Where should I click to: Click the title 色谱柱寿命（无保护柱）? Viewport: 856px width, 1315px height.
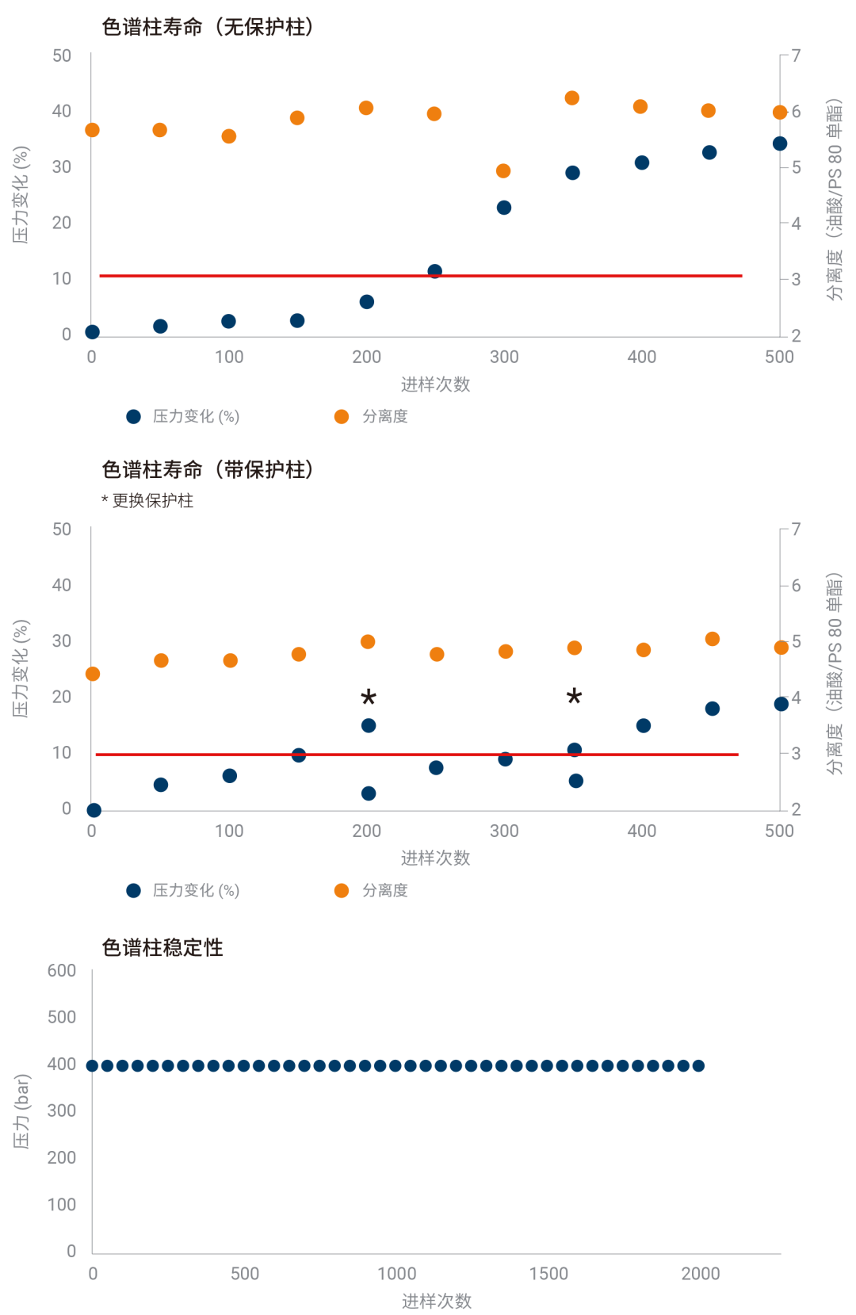click(208, 27)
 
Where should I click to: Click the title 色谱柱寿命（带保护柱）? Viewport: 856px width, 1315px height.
click(208, 469)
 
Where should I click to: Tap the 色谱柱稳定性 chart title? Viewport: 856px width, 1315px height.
click(162, 947)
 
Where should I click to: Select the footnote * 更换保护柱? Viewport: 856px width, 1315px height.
click(147, 500)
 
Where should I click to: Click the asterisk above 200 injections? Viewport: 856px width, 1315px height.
click(369, 698)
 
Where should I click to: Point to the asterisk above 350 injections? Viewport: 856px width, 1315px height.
click(575, 698)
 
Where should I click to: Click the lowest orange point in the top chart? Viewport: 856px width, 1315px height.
click(503, 171)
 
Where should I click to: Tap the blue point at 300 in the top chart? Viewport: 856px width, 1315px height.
click(504, 208)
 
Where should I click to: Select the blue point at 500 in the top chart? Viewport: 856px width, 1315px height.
click(780, 143)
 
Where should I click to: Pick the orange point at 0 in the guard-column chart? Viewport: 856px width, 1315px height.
click(93, 674)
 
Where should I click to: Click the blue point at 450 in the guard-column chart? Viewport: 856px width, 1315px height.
click(713, 709)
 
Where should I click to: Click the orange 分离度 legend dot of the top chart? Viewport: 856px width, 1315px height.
click(342, 417)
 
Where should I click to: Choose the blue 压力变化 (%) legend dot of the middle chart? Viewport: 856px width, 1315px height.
click(134, 891)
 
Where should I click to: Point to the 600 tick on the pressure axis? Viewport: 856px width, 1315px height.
click(62, 971)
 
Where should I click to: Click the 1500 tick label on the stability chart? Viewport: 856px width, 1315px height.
click(548, 1274)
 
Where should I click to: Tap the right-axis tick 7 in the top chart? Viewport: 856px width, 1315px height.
click(796, 56)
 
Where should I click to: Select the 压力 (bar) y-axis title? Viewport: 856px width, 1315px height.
click(21, 1111)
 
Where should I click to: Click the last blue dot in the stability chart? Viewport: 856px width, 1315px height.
click(698, 1066)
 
